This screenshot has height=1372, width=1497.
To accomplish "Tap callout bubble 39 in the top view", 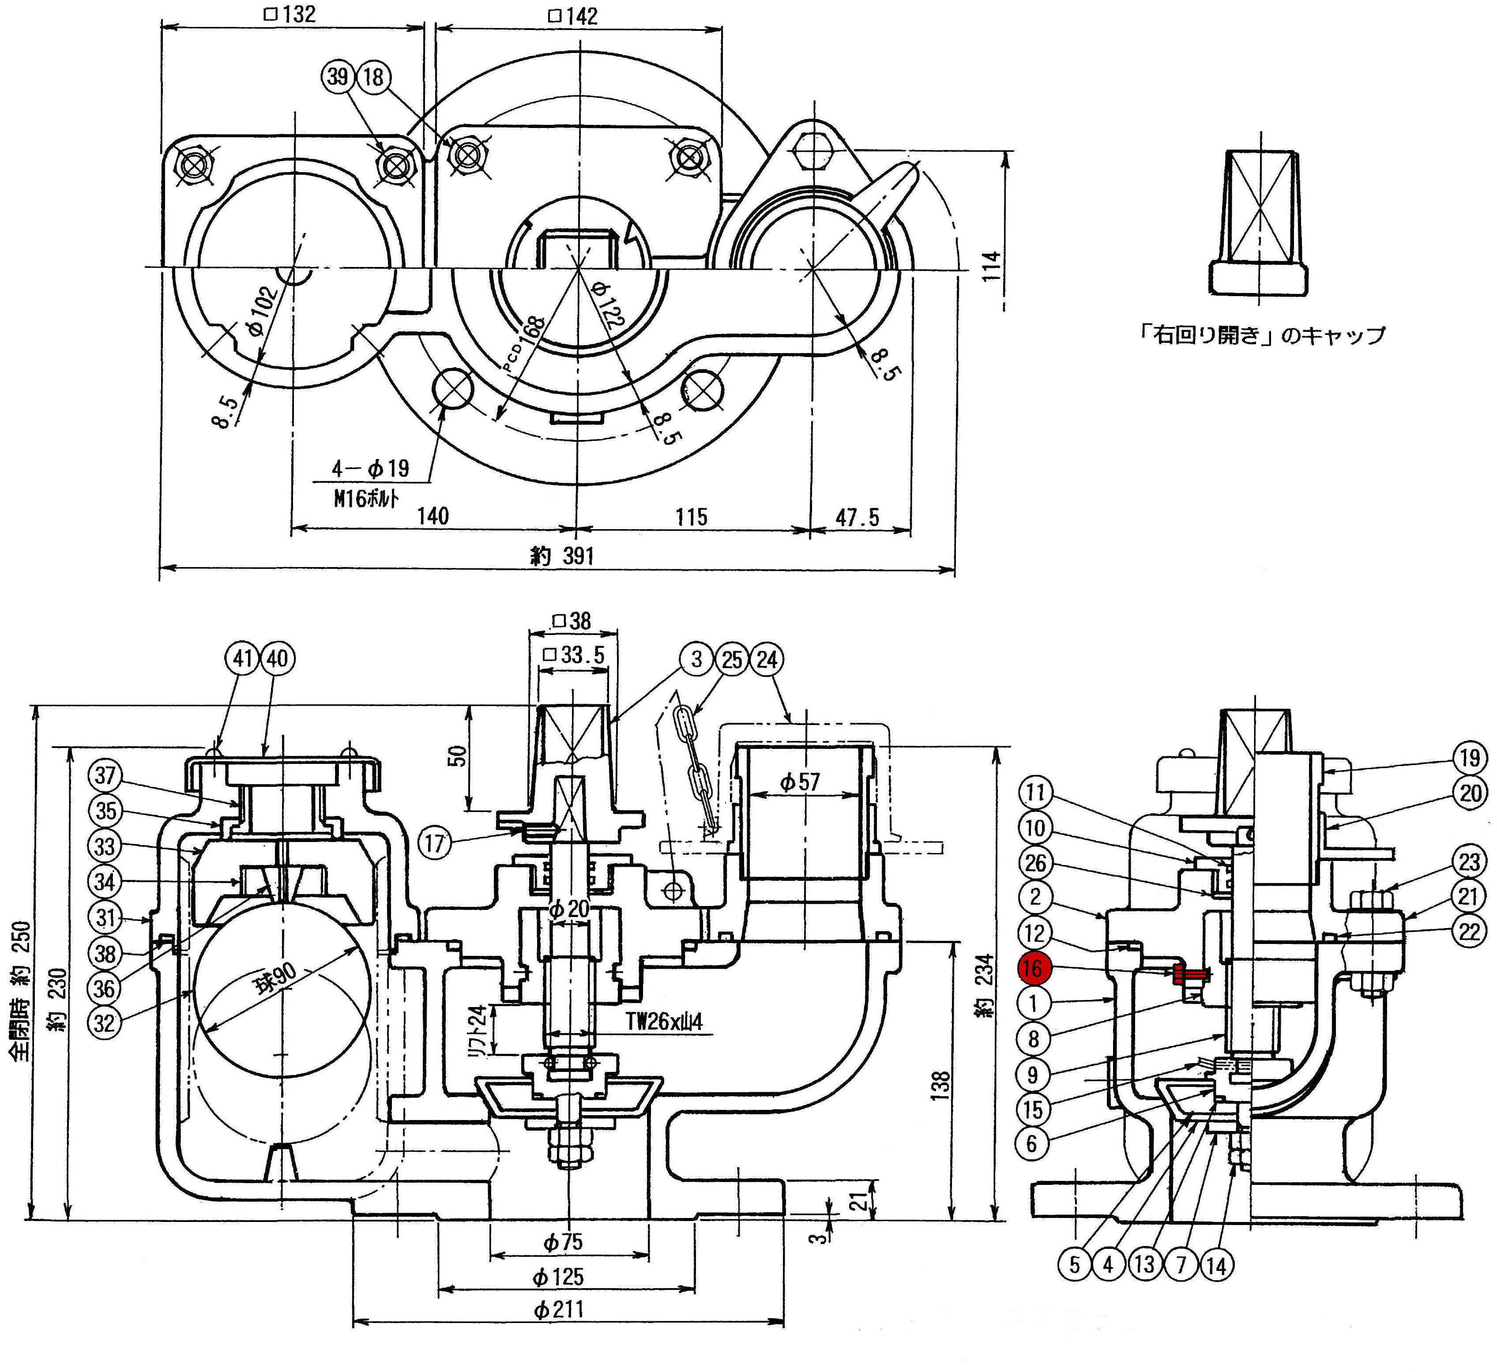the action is (339, 76).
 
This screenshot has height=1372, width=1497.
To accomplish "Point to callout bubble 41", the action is (243, 658).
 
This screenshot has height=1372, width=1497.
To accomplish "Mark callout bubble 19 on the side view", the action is (1470, 758).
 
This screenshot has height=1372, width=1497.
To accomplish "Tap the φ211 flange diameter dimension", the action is (558, 1308).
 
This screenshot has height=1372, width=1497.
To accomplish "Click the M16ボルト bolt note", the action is (366, 497).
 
